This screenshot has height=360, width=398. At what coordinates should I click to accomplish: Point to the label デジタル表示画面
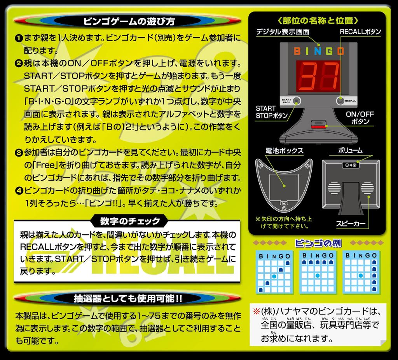283,32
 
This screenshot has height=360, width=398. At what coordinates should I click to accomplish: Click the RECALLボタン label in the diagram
360,32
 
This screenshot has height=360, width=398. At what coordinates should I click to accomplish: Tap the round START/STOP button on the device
297,101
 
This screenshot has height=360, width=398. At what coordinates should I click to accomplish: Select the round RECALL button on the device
341,101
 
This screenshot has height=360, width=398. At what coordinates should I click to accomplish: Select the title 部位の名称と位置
318,20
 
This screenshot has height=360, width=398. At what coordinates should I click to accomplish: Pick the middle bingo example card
318,272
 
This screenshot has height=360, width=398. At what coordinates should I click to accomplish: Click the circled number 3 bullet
18,151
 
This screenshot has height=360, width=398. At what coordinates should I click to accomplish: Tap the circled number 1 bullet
18,38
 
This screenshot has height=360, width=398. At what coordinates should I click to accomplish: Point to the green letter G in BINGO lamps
329,51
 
